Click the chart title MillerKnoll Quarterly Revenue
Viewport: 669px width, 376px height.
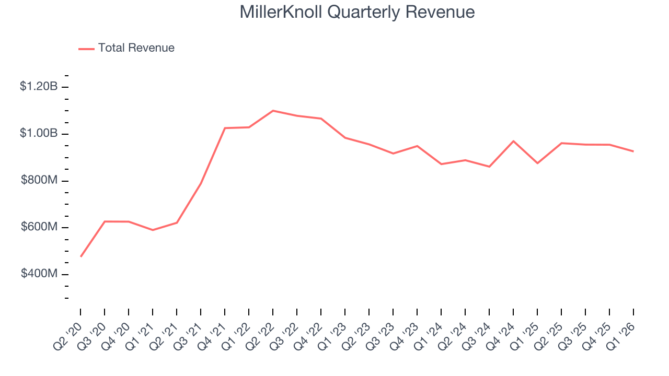357,12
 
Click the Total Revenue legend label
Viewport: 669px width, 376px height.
136,48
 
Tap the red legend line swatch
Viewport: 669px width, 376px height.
86,49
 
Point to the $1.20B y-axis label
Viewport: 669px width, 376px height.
39,87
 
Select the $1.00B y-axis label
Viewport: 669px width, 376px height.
39,134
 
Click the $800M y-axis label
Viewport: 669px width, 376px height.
39,181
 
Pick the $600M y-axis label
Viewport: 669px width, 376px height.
39,228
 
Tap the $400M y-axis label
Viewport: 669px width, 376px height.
39,275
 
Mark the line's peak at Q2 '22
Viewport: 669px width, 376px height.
273,111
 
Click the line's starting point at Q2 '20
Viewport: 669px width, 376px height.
81,256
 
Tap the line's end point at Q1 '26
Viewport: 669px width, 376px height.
633,151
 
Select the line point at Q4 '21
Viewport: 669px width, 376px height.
225,128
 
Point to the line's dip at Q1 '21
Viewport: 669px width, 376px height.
153,230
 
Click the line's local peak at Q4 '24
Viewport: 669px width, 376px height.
513,141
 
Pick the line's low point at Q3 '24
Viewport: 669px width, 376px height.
489,167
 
